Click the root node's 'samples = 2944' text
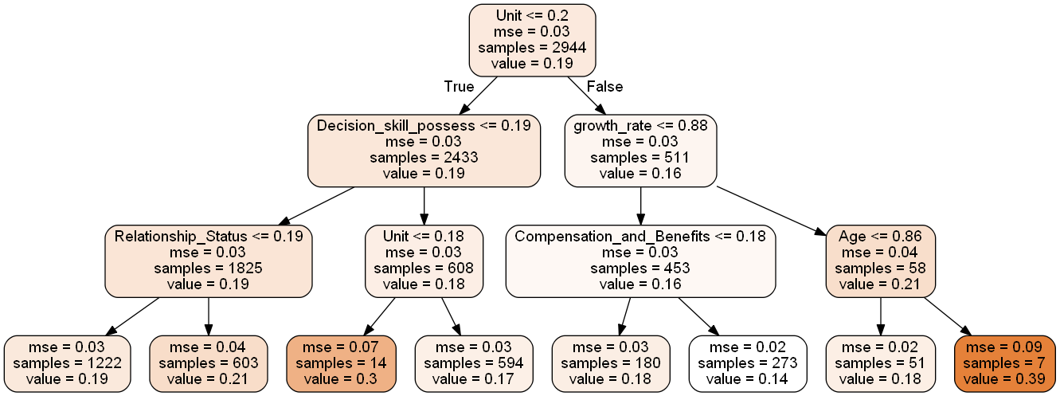coord(532,48)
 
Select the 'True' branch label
coord(459,87)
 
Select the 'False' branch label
coord(604,87)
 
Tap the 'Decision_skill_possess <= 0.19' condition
coord(424,126)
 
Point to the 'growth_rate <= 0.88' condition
coord(640,126)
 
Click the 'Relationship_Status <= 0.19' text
coord(209,237)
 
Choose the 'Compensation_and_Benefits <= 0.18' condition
coord(640,237)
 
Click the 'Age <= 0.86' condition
coord(880,237)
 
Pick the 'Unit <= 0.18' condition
coord(424,237)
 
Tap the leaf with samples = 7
coord(1004,363)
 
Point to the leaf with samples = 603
coord(209,363)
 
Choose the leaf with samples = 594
coord(475,363)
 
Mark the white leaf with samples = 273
coord(748,363)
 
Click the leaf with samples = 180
coord(612,363)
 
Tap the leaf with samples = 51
coord(880,363)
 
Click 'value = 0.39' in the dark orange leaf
coord(1004,378)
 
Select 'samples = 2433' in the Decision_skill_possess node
coord(424,158)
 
